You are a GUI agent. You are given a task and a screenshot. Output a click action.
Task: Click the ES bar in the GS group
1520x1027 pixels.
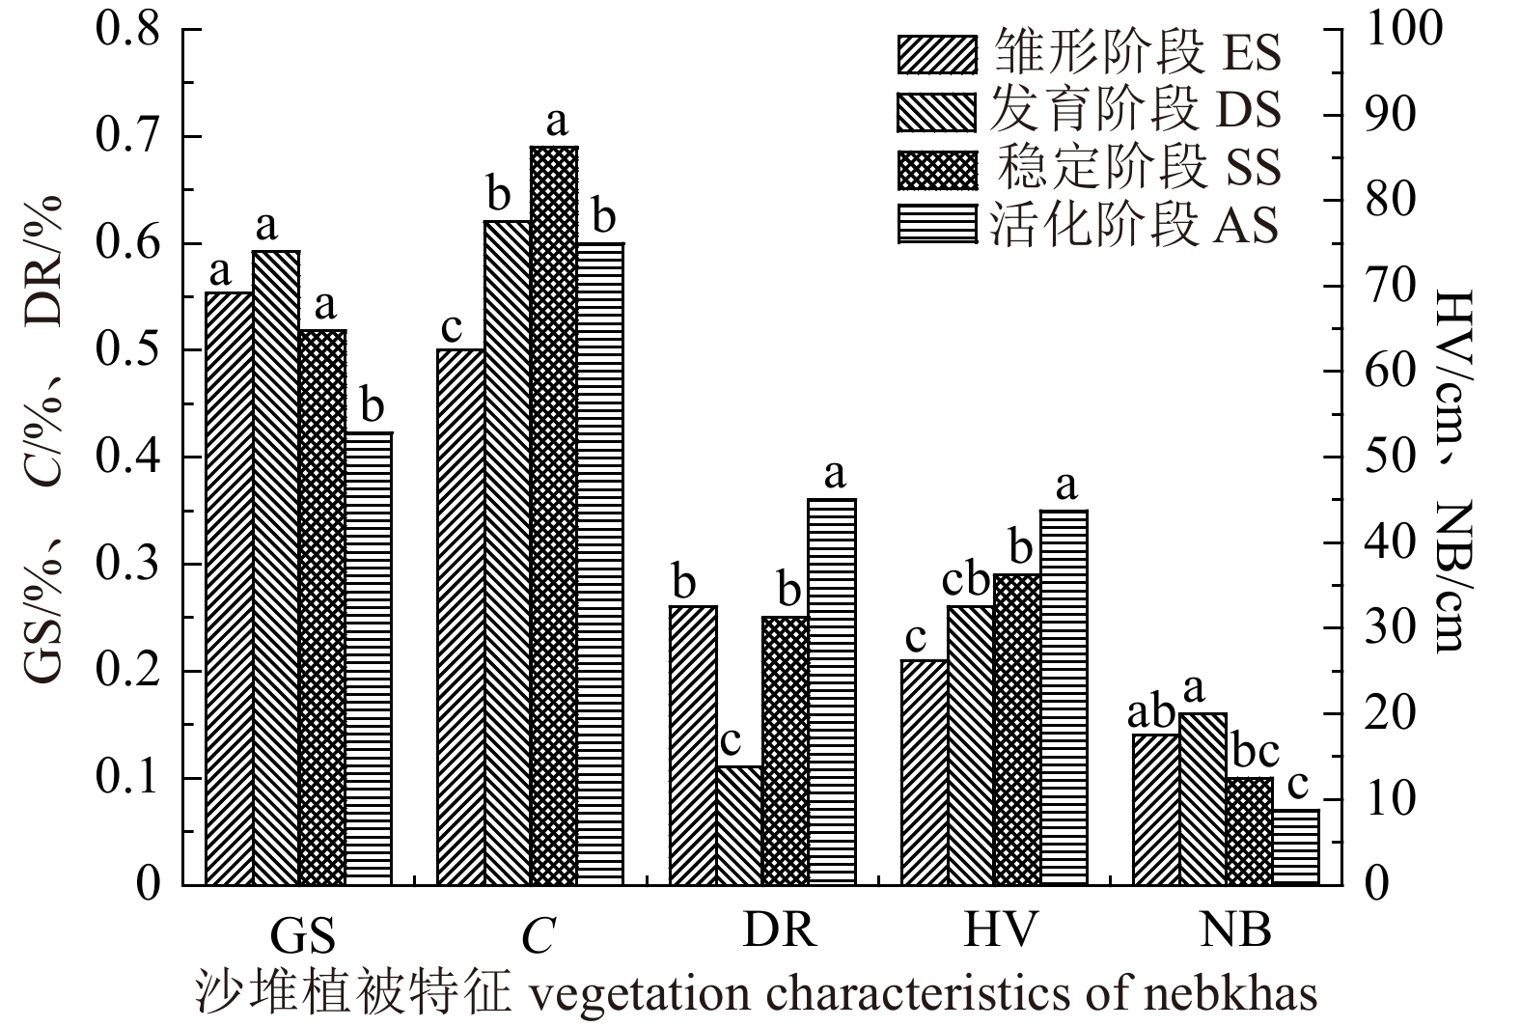pyautogui.click(x=230, y=588)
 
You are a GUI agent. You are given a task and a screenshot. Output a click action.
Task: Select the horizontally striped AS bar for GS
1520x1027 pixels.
pyautogui.click(x=369, y=658)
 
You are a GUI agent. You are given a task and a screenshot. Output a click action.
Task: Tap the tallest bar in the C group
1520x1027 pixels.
pyautogui.click(x=554, y=515)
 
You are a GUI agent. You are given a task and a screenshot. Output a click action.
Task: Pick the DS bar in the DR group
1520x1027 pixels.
pyautogui.click(x=739, y=825)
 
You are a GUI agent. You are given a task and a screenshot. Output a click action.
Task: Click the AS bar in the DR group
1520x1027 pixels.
pyautogui.click(x=832, y=691)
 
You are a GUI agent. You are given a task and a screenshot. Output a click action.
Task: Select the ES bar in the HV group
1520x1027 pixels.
pyautogui.click(x=924, y=772)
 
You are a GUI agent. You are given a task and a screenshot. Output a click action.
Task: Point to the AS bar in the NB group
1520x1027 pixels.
pyautogui.click(x=1295, y=847)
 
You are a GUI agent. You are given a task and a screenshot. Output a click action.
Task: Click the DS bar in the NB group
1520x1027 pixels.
pyautogui.click(x=1202, y=798)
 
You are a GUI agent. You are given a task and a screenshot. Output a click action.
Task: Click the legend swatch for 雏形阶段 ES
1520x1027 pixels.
pyautogui.click(x=936, y=54)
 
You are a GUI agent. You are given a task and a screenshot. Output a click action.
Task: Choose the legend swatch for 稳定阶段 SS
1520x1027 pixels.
pyautogui.click(x=936, y=169)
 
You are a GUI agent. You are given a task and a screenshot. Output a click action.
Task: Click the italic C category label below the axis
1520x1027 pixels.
pyautogui.click(x=538, y=934)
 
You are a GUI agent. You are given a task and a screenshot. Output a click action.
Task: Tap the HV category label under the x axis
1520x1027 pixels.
pyautogui.click(x=1000, y=930)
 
